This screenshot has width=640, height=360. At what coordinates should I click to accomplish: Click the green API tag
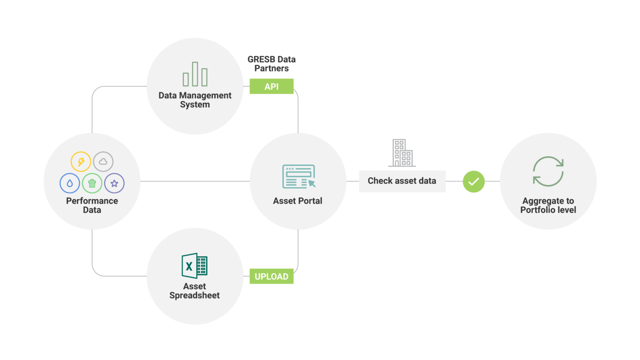[x=271, y=86]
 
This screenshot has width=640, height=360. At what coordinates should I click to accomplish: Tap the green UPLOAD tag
[x=271, y=276]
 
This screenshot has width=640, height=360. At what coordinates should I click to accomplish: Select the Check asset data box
[x=402, y=181]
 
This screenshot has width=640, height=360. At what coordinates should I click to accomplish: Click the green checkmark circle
[x=474, y=181]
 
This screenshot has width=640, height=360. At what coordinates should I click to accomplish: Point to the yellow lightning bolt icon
[x=81, y=162]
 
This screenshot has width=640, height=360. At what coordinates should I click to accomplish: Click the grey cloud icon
[x=103, y=161]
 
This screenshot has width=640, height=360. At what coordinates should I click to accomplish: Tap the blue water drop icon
[x=69, y=183]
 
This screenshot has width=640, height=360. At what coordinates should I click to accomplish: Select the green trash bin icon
[x=92, y=183]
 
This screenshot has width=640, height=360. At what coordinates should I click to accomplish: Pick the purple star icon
[x=114, y=183]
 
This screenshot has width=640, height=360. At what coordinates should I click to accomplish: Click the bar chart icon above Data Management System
[x=195, y=74]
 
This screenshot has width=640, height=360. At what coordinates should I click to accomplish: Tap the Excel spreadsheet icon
[x=194, y=265]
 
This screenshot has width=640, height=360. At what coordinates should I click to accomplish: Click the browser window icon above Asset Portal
[x=299, y=177]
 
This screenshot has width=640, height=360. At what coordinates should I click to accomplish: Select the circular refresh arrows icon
[x=548, y=171]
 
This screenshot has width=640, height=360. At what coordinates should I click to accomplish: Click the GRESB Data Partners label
[x=272, y=64]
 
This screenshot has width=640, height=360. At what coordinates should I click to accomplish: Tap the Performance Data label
[x=92, y=206]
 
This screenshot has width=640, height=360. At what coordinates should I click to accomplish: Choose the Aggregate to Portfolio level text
[x=548, y=206]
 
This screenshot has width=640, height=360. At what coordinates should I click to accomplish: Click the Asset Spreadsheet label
[x=195, y=291]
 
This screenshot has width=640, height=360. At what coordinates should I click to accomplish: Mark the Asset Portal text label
[x=298, y=201]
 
